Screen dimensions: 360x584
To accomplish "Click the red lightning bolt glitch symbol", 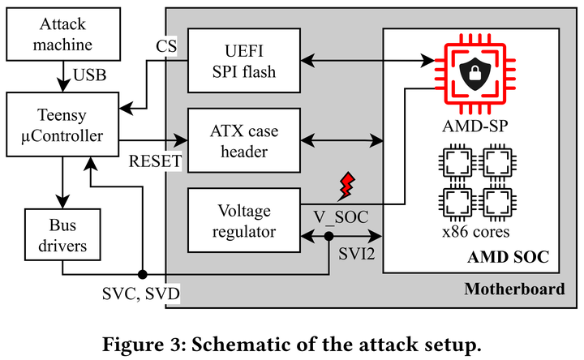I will click(x=347, y=184).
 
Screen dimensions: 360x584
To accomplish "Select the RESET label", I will click(x=155, y=161).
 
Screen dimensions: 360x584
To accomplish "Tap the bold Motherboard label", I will click(x=515, y=289).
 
